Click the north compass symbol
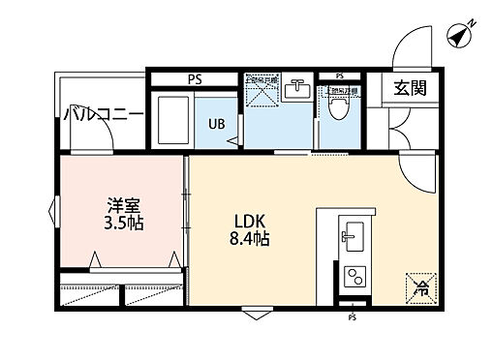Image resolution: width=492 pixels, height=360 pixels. pos(459,36)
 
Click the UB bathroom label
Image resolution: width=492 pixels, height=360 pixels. pos(218,123)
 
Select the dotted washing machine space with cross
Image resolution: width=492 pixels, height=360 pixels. pos(261,90)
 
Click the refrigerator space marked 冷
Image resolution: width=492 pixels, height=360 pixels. pos(419,285)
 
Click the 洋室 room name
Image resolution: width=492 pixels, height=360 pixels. pos(121,205)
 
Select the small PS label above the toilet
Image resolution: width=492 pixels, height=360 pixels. pos(339,75)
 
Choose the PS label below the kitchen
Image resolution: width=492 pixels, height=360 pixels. pos(352,316)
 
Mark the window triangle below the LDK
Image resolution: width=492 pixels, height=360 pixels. pos(255,313)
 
